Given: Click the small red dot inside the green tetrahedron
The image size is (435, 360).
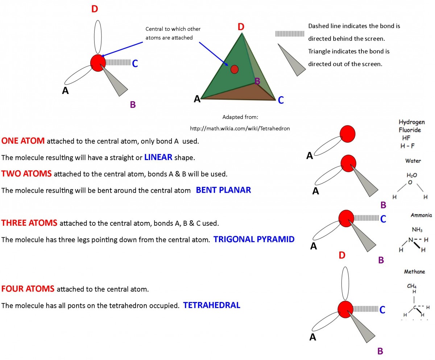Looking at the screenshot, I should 234,69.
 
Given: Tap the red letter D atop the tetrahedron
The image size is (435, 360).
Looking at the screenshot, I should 241,27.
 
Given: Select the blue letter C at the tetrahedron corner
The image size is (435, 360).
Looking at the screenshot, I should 281,100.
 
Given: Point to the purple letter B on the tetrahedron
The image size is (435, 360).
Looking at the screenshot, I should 257,81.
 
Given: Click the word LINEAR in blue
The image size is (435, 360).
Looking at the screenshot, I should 158,157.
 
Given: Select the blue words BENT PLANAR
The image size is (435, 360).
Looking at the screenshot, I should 223,190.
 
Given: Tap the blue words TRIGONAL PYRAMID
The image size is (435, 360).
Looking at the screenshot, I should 254,239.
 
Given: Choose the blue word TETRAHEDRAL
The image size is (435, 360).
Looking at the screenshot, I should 212,305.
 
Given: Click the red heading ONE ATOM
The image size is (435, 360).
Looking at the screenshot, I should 23,141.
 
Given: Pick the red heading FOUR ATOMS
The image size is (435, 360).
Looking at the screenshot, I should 28,289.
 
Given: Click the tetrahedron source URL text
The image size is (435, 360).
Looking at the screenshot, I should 240,128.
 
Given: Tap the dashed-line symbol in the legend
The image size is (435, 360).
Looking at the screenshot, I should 290,34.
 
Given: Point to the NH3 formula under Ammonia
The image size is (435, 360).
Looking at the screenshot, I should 417,230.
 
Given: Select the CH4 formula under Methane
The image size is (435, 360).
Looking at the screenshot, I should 411,286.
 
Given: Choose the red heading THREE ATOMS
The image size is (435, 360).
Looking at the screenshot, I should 29,223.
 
